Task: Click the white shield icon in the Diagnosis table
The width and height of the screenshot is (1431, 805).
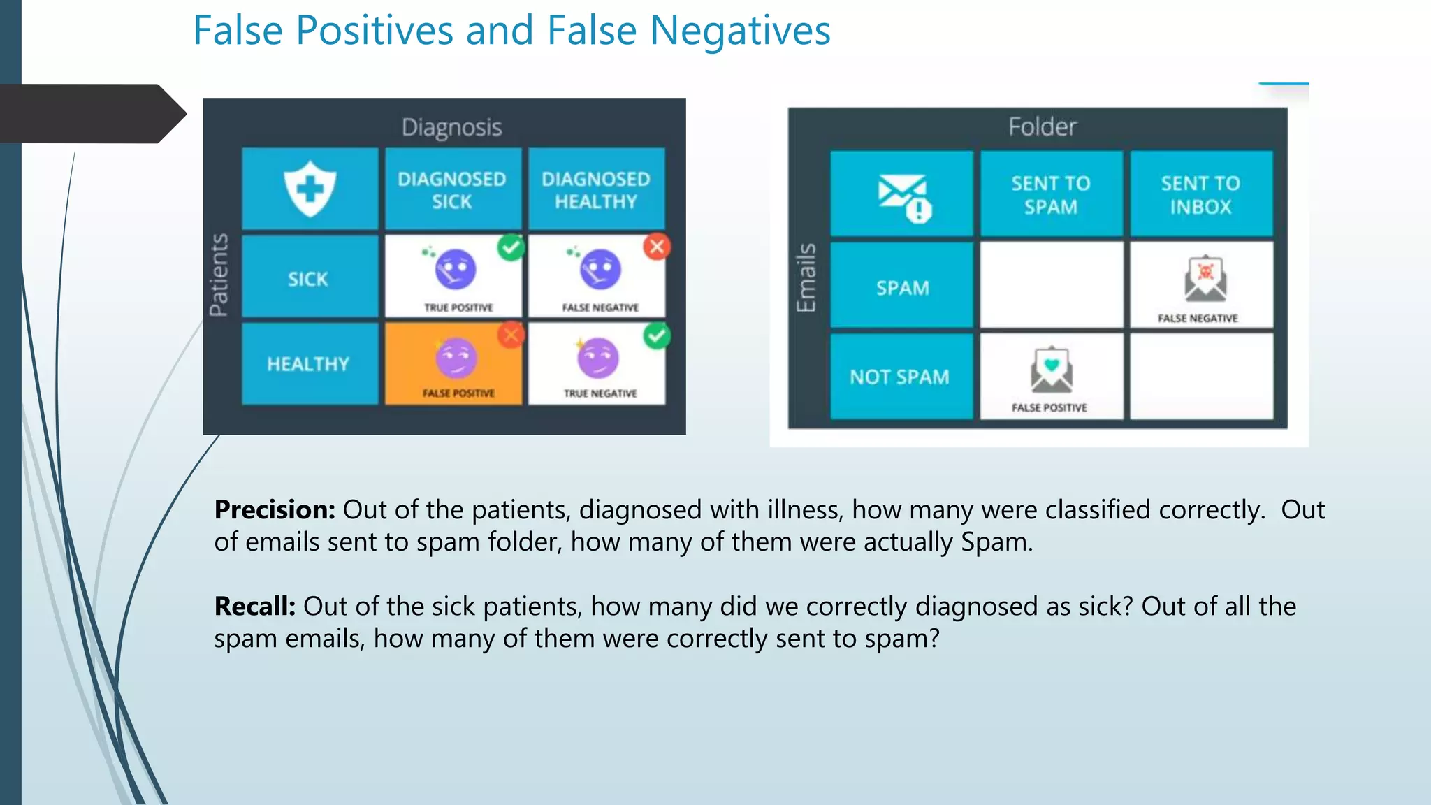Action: pos(310,189)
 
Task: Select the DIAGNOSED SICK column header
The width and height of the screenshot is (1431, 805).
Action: pos(452,190)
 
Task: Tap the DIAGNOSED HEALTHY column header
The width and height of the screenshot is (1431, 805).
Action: pos(596,190)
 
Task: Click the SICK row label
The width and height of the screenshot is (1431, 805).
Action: pos(308,279)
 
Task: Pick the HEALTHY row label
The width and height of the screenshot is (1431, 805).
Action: pos(308,364)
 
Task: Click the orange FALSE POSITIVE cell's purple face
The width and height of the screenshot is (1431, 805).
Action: pos(456,358)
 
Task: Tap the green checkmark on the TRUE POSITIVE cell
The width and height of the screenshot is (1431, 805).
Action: pos(511,247)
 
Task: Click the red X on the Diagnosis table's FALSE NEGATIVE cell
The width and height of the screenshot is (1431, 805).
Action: pos(657,247)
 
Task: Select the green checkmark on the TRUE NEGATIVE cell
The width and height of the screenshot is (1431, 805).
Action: pos(657,336)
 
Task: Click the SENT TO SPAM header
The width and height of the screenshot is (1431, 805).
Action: pos(1051,195)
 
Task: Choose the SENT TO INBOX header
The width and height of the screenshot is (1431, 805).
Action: pos(1200,195)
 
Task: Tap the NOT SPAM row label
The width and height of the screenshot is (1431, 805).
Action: pos(900,377)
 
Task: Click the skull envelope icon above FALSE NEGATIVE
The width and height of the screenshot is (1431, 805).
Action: pos(1205,279)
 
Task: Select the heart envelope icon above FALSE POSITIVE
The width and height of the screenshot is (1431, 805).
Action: pos(1052,369)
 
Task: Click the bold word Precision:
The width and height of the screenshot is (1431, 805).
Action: pos(275,509)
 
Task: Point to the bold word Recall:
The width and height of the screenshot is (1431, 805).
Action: pos(255,606)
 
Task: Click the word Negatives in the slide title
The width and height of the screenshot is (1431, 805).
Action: pos(740,31)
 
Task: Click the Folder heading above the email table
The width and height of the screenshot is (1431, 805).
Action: pos(1042,127)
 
